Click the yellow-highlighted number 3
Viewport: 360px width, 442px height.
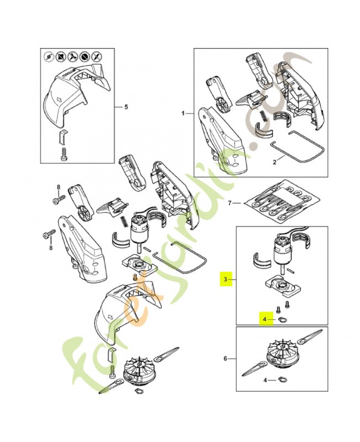(x=226, y=280)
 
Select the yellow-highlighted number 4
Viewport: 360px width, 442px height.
(x=265, y=319)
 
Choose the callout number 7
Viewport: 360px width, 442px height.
(x=230, y=203)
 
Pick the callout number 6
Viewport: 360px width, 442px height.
(x=225, y=359)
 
